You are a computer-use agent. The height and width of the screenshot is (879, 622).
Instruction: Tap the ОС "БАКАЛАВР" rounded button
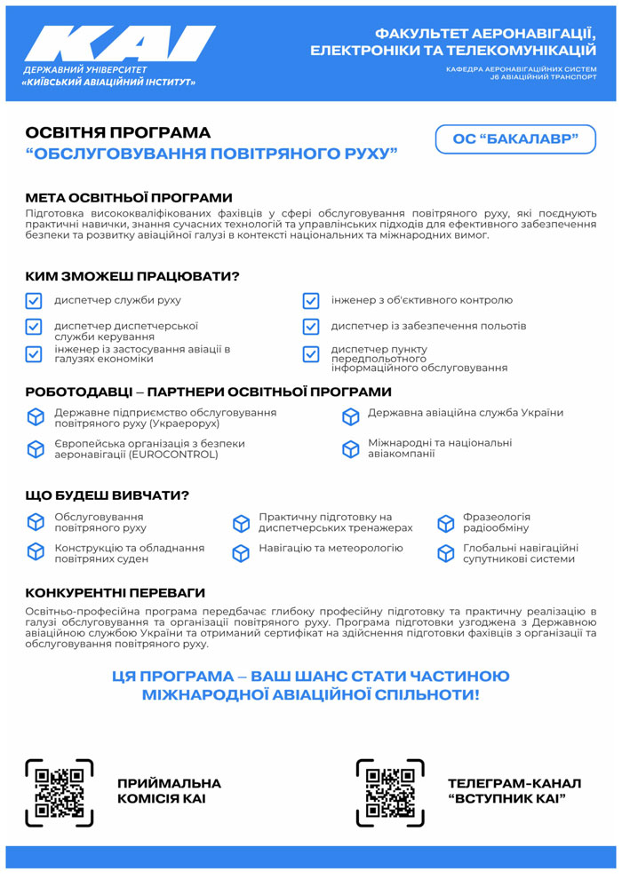click(x=515, y=139)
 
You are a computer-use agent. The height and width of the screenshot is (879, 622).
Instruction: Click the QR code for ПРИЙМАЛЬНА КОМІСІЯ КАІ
click(x=60, y=792)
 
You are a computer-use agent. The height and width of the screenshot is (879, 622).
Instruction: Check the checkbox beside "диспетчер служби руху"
click(x=34, y=301)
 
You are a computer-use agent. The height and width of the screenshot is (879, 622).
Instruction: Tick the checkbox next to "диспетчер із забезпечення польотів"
click(x=311, y=327)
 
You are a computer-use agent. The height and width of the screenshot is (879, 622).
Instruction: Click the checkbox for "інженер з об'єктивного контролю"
click(x=311, y=301)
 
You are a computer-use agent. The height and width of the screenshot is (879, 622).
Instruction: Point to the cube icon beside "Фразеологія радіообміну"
click(x=445, y=523)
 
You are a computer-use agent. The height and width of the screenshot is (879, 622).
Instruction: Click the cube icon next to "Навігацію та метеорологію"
click(x=241, y=553)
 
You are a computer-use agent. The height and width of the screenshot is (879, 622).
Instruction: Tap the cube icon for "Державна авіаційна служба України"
click(x=351, y=416)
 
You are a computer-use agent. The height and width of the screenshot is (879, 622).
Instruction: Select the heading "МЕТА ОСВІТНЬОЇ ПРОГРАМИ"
click(x=129, y=197)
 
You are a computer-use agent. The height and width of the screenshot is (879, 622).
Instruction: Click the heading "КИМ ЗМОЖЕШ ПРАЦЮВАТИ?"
click(x=132, y=276)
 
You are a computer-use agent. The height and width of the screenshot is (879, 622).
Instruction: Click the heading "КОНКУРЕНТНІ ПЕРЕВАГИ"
click(x=116, y=592)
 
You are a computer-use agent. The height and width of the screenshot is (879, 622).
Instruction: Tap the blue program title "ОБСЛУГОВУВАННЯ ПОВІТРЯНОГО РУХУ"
click(x=211, y=154)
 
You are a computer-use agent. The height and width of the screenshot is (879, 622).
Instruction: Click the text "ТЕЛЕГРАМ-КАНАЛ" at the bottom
click(x=514, y=783)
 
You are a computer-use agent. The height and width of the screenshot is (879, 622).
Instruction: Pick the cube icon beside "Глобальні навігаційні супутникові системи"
click(x=445, y=553)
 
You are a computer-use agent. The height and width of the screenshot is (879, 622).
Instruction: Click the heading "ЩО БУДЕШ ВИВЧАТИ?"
click(x=108, y=495)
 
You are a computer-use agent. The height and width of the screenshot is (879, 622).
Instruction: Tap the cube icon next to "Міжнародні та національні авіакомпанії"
click(x=351, y=448)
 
